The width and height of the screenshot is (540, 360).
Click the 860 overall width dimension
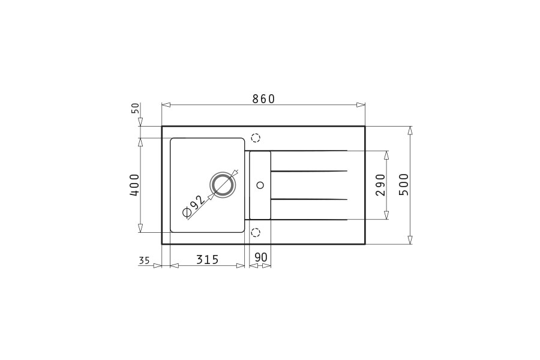[263, 99]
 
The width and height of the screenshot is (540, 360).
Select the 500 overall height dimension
[404, 185]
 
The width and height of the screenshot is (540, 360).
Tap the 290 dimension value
[380, 185]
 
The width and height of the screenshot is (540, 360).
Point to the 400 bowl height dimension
[134, 185]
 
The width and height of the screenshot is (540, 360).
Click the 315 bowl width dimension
[208, 259]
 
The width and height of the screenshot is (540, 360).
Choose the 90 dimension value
[260, 257]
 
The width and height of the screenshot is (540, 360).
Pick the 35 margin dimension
[144, 261]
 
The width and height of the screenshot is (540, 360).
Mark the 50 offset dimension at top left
[136, 108]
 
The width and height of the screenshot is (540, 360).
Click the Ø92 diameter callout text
[194, 207]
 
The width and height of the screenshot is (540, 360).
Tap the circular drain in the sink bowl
[223, 185]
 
